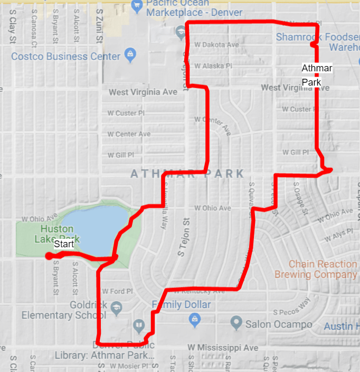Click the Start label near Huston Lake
pyautogui.click(x=64, y=244)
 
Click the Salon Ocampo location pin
pyautogui.click(x=236, y=321)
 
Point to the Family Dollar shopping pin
pyautogui.click(x=195, y=318)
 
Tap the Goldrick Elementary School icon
pyautogui.click(x=116, y=307)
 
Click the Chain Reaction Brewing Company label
pyautogui.click(x=323, y=269)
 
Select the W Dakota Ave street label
pyautogui.click(x=216, y=45)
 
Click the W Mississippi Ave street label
pyautogui.click(x=223, y=348)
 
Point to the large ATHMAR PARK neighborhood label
pyautogui.click(x=187, y=174)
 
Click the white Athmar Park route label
pyautogui.click(x=311, y=75)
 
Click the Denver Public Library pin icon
pyautogui.click(x=138, y=324)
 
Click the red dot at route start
pyautogui.click(x=48, y=256)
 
